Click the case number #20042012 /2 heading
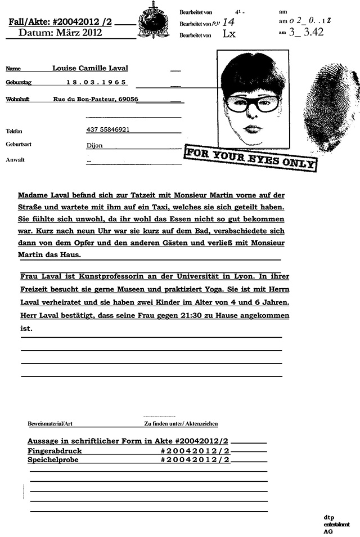click(60, 22)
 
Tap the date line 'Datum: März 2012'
click(60, 33)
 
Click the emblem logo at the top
click(152, 20)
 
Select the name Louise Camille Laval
click(90, 69)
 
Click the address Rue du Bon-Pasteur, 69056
click(96, 99)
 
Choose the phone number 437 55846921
click(108, 129)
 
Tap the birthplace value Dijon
click(94, 145)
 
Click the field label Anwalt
click(15, 160)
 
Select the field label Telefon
click(14, 131)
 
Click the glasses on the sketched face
click(253, 104)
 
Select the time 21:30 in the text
click(201, 316)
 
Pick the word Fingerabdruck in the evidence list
click(55, 451)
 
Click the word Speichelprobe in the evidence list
click(53, 459)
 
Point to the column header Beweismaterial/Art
click(54, 423)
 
